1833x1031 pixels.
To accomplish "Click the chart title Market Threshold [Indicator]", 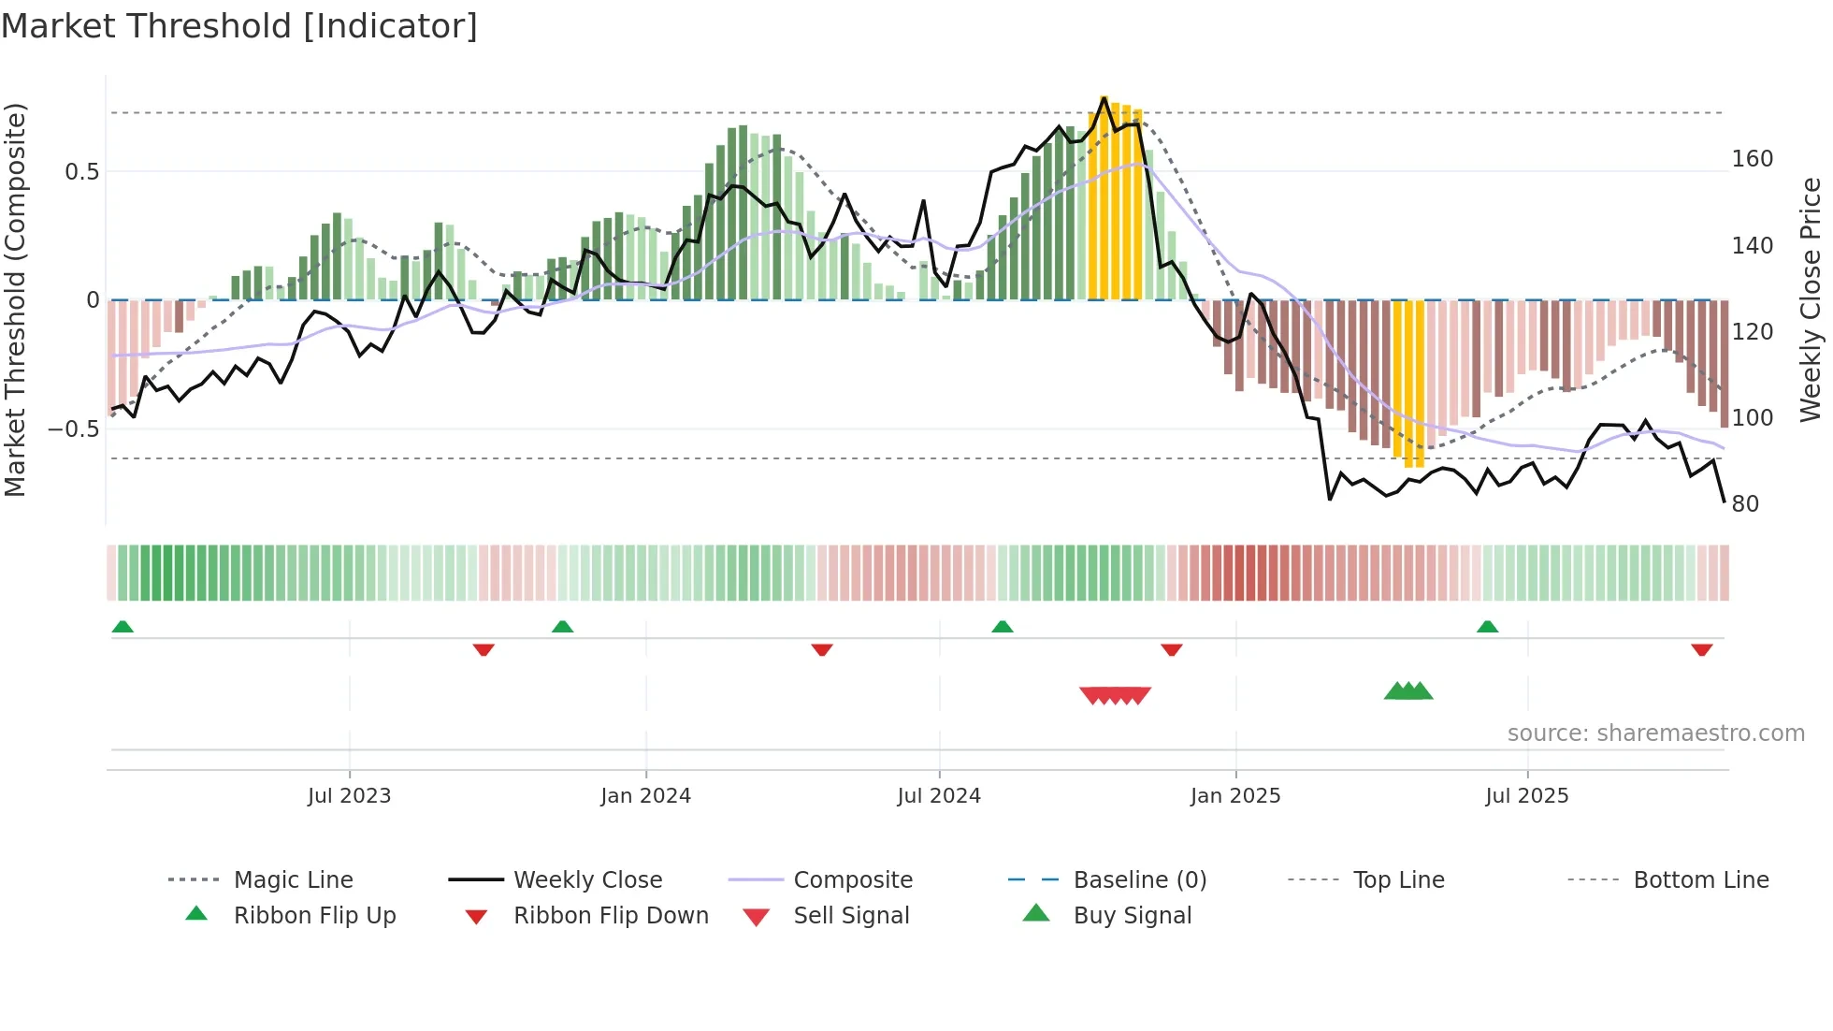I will [239, 26].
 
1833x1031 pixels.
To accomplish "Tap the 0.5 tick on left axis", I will [81, 172].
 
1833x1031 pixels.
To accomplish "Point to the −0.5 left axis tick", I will [73, 429].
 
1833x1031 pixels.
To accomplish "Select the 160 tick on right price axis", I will [1752, 159].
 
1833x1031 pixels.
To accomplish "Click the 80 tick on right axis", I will [1745, 504].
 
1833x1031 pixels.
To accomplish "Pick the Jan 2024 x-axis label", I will [645, 796].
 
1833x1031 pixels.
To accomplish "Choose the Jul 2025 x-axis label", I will [1526, 796].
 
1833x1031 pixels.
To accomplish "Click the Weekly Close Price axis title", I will [1811, 299].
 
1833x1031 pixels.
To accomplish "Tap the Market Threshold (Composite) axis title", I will [15, 299].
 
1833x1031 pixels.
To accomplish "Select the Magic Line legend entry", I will [293, 880].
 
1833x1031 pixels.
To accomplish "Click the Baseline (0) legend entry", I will [1139, 880].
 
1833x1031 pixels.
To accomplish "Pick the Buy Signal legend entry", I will [1132, 916].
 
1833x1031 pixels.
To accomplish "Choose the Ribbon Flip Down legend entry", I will [610, 916].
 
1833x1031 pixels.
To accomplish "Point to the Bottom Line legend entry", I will [1700, 880].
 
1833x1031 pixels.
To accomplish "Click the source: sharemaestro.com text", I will [1655, 733].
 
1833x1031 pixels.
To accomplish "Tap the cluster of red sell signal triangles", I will [1115, 695].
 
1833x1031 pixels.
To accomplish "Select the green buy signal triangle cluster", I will [1408, 691].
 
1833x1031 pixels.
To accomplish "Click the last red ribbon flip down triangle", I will [1701, 649].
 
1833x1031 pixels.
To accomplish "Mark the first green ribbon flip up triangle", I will [123, 627].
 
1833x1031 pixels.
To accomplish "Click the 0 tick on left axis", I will [93, 300].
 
